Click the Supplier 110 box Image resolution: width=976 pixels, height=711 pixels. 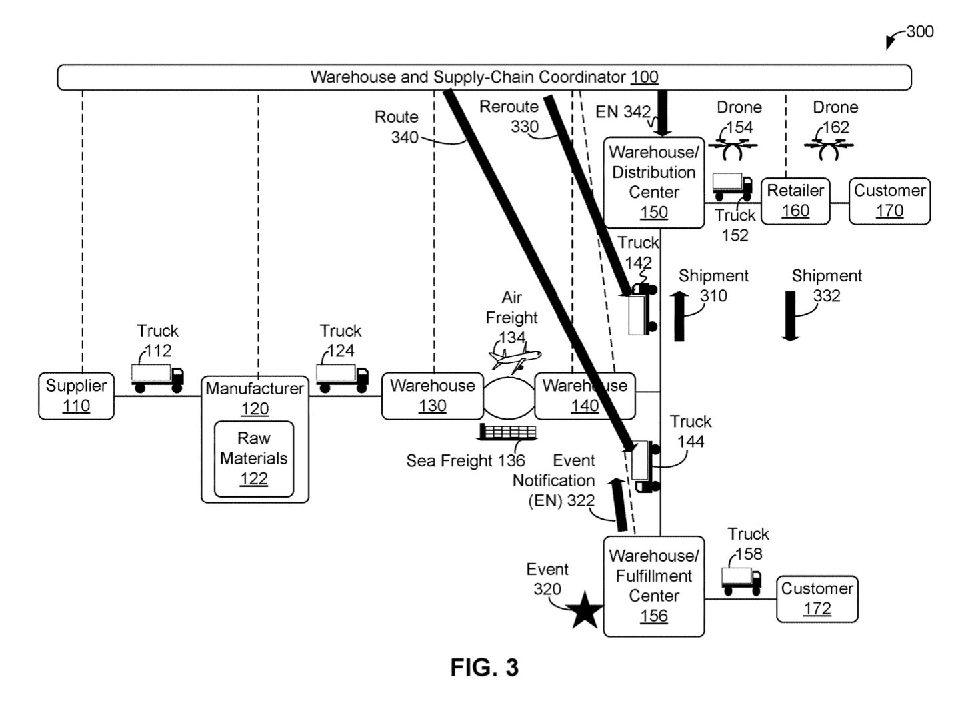click(76, 396)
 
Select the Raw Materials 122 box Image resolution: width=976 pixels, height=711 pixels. click(254, 459)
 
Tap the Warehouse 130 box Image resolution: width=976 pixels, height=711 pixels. click(432, 396)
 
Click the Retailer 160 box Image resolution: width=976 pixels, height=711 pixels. click(795, 201)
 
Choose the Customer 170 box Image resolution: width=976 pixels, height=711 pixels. click(889, 201)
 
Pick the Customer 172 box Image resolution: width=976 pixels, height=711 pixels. click(817, 599)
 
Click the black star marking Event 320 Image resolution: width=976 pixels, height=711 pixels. click(585, 610)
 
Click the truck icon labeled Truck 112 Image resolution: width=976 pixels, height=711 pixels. click(157, 378)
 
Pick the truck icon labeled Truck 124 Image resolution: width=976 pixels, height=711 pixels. click(342, 378)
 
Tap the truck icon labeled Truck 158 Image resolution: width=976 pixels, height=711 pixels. click(741, 580)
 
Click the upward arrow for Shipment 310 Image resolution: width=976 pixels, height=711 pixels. click(679, 316)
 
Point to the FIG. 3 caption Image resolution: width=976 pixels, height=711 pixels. click(484, 667)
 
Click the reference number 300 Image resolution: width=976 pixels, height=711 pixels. click(920, 31)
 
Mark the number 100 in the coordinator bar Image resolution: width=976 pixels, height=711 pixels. click(644, 77)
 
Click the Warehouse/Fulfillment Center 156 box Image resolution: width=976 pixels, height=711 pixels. click(653, 586)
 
